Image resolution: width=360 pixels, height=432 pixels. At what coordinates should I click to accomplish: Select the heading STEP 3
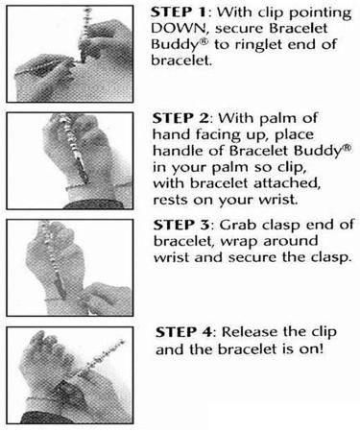coord(180,227)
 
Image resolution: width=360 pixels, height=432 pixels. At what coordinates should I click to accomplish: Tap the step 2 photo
coord(74,160)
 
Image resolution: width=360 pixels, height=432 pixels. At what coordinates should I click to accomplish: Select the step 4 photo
coord(74,376)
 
